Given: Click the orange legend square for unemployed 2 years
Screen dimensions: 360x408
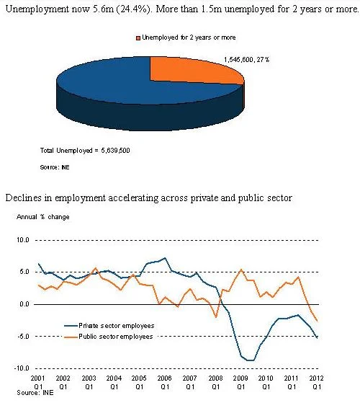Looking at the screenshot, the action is coord(138,38).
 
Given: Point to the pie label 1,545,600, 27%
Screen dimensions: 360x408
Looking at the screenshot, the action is coord(246,60).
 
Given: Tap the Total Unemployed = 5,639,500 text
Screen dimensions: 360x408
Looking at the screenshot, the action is coord(85,151).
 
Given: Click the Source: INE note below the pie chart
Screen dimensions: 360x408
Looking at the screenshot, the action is coord(55,167).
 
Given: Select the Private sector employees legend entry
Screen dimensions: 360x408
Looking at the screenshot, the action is coord(109,326).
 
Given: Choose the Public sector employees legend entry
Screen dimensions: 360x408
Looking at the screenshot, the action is coord(109,337).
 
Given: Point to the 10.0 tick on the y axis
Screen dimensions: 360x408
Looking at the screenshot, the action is coord(23,240).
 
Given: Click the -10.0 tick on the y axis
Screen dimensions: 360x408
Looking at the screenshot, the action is coord(22,368).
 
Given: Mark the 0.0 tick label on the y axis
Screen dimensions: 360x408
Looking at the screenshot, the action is coord(24,304).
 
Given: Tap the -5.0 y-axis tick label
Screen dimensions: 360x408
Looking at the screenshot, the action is coord(23,336).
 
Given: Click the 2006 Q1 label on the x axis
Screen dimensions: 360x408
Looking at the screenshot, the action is coord(165,382).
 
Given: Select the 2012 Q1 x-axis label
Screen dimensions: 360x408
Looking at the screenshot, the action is coord(316,382).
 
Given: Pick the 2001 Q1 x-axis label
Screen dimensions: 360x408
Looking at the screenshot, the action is coord(38,382).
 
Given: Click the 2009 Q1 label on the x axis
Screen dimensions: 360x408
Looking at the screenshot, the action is coord(240,382).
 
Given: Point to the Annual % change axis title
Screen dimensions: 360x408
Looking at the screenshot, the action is coord(43,217).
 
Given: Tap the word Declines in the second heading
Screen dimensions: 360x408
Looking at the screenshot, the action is coord(23,198).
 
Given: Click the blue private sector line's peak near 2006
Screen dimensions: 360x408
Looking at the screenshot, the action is coord(165,258).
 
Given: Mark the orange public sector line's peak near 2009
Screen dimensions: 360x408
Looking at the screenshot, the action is coord(241,270).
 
